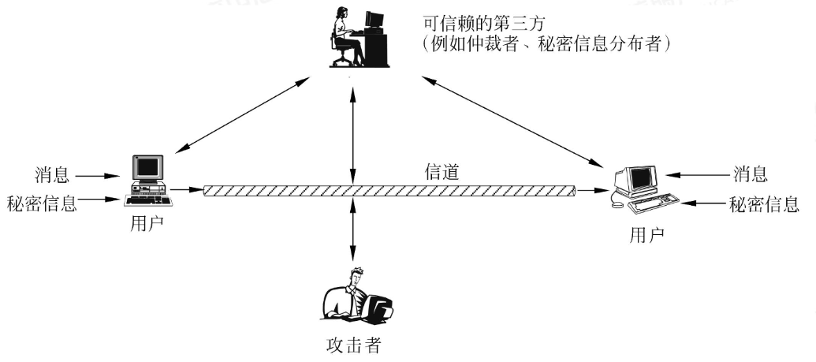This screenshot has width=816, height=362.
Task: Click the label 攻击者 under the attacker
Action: click(353, 345)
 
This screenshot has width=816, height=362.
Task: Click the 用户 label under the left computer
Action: click(147, 225)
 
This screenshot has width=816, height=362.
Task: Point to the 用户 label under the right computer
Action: click(646, 236)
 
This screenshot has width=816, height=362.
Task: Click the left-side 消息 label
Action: click(51, 174)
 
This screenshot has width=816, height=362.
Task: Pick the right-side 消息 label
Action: click(751, 174)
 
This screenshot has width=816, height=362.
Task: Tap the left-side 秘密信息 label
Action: click(42, 203)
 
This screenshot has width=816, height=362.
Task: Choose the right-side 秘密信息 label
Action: click(764, 204)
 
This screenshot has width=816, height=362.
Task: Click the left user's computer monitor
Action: click(147, 167)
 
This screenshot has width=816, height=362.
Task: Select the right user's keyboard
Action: click(654, 203)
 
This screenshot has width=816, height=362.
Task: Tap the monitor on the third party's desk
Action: click(374, 20)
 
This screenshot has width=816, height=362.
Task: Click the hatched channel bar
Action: click(389, 191)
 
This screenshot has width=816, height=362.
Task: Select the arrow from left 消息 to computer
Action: click(99, 176)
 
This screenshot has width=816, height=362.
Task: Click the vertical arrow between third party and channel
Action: click(353, 135)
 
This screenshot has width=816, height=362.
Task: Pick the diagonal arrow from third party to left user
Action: click(243, 115)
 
